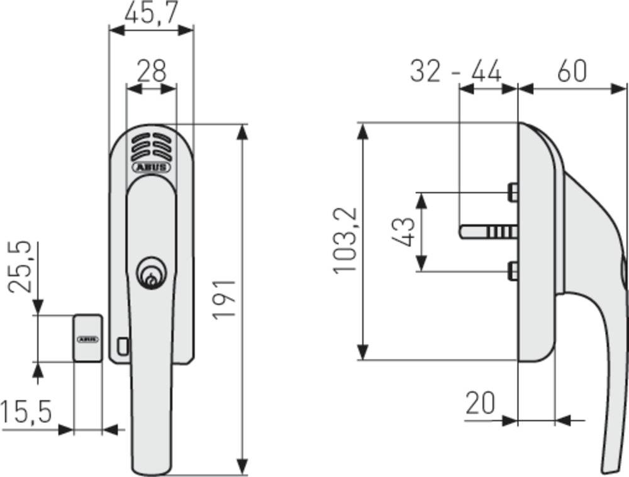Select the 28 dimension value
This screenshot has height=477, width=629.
[151, 71]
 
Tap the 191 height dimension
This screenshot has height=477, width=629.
[224, 299]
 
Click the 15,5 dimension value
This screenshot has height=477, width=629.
[26, 413]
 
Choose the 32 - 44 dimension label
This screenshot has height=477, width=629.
[455, 71]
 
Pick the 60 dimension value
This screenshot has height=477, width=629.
[572, 71]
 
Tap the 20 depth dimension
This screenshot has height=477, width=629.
[481, 402]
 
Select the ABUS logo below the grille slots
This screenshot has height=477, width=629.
[151, 167]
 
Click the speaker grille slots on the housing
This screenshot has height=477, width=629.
[151, 148]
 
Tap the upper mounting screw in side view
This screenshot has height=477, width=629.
[513, 192]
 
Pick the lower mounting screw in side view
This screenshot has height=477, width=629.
[513, 271]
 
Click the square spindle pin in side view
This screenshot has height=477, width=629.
[488, 232]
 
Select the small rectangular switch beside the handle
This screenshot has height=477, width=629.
[123, 345]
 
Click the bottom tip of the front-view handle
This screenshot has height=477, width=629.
[152, 468]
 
